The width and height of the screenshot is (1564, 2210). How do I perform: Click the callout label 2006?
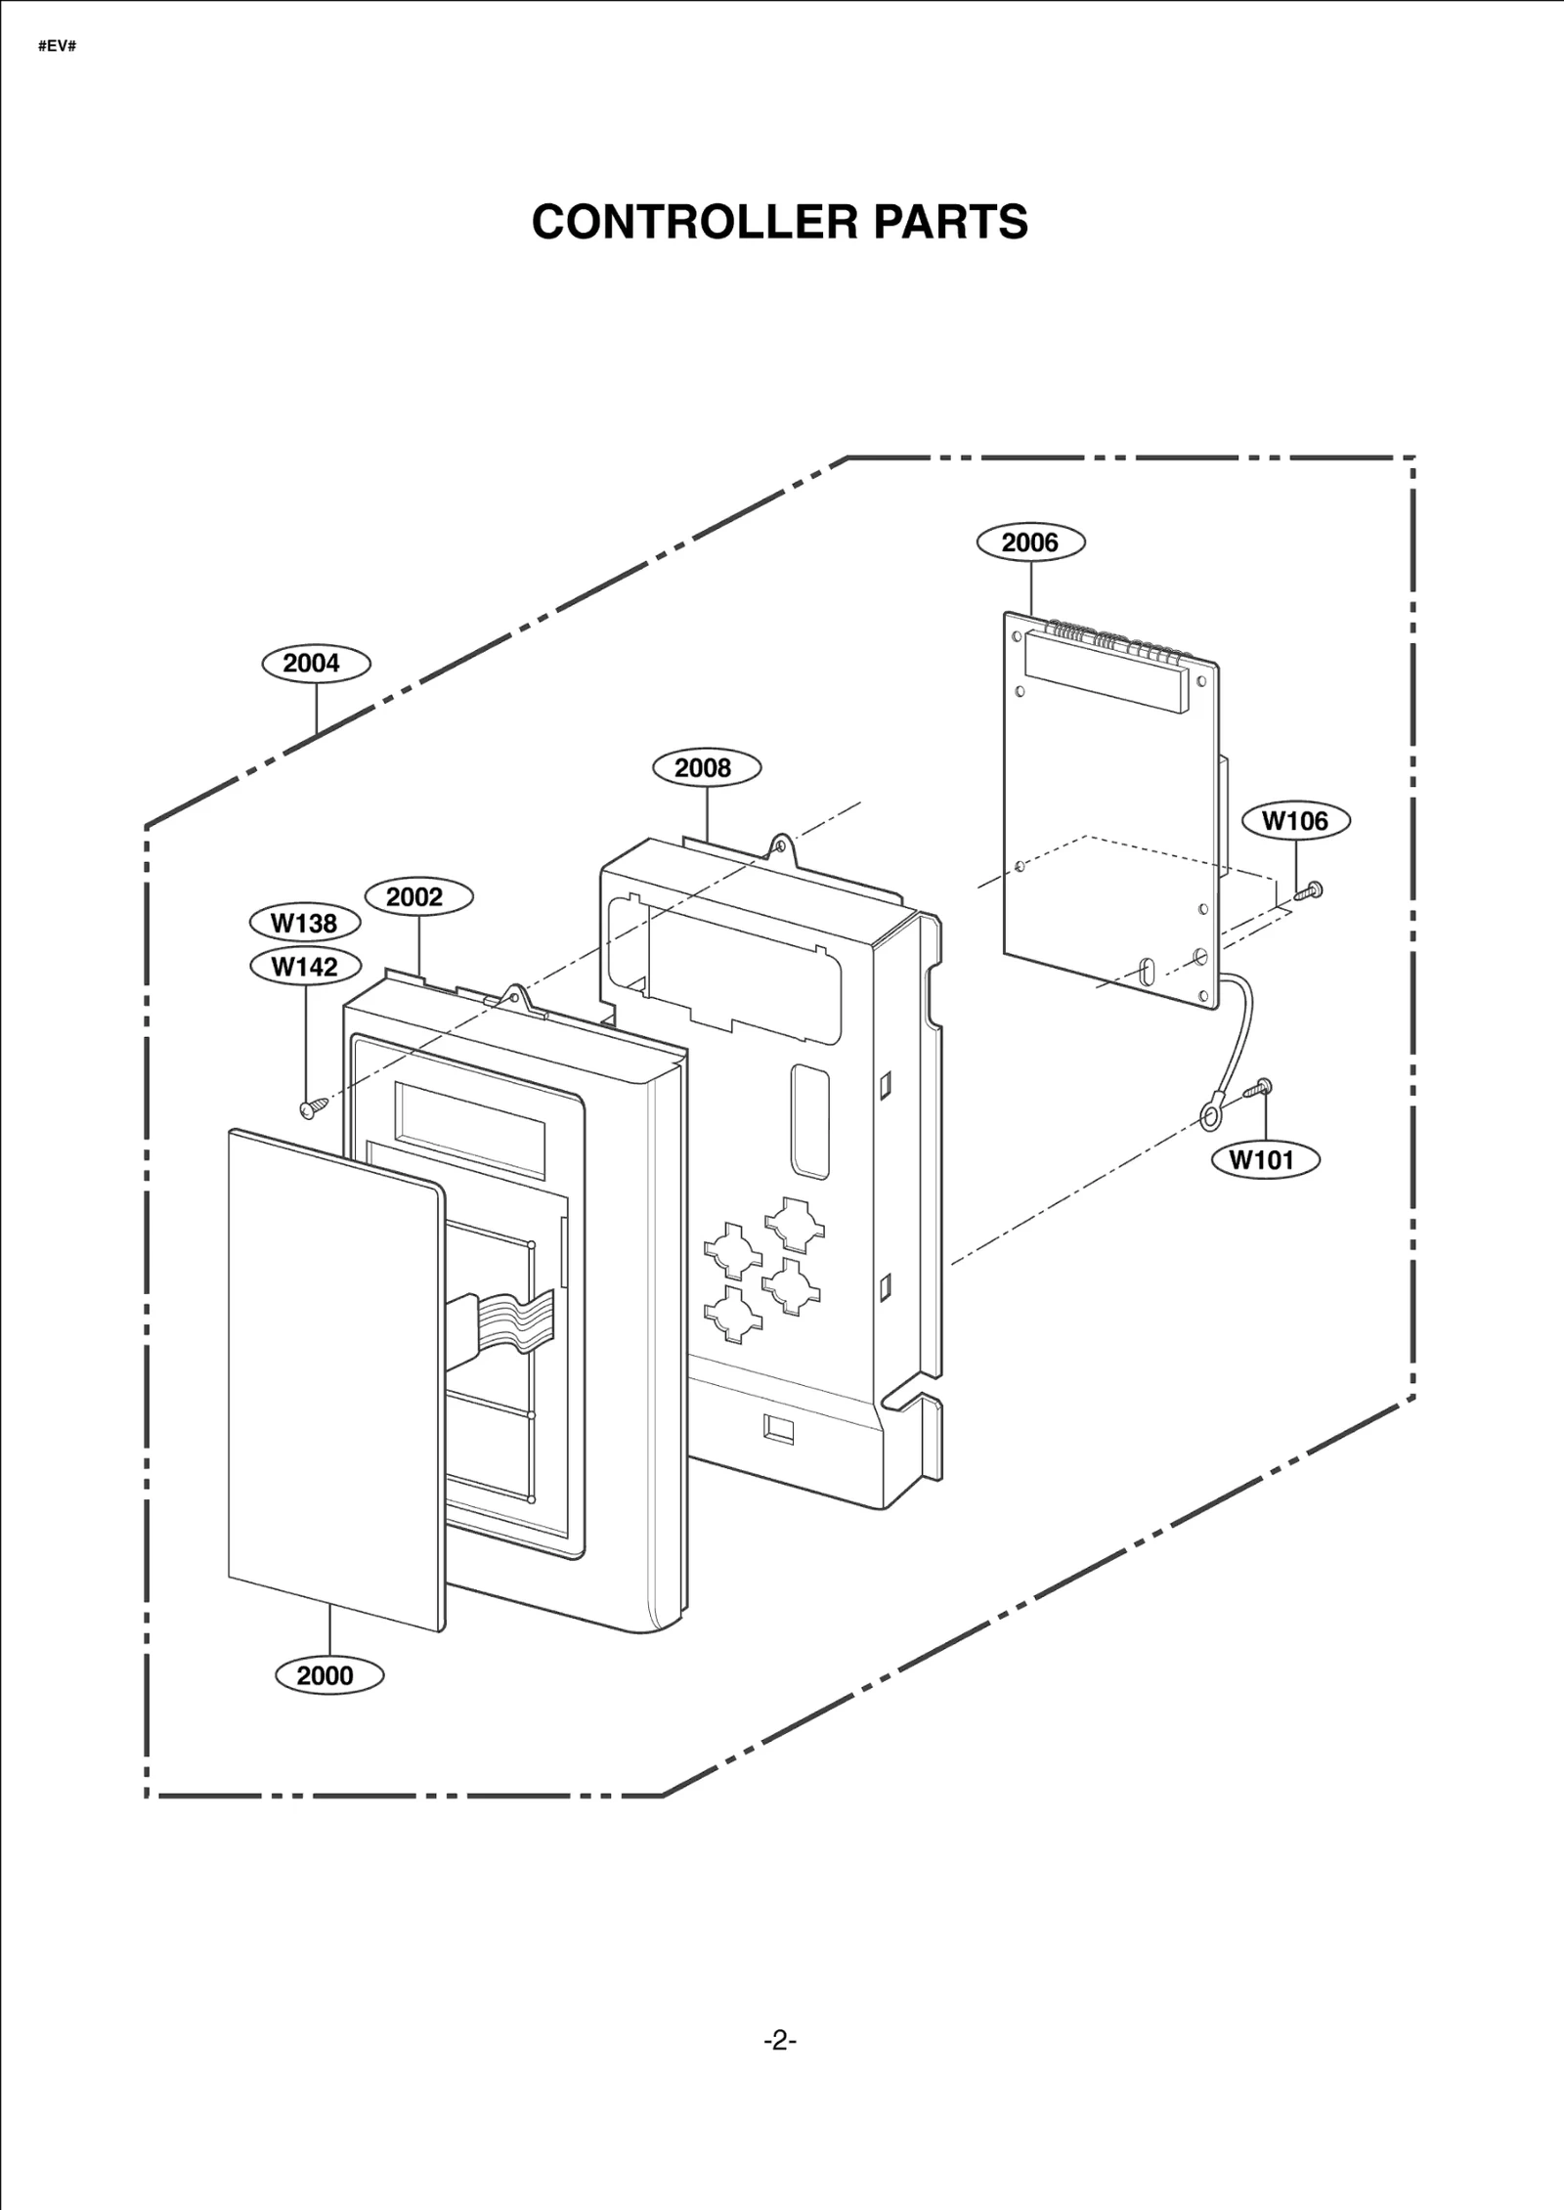point(1030,542)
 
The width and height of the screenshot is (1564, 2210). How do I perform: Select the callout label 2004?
point(316,664)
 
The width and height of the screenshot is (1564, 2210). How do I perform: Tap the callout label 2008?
point(706,767)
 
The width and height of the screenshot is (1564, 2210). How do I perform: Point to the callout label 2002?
point(418,896)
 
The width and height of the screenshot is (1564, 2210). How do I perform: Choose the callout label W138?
point(304,923)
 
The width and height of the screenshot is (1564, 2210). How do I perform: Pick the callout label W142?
point(304,967)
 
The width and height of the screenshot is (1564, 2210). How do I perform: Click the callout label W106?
point(1295,821)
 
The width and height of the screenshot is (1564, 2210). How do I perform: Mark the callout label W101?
point(1265,1160)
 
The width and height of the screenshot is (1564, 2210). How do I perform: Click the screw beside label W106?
point(1308,890)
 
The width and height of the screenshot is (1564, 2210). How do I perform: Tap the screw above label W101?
point(1257,1088)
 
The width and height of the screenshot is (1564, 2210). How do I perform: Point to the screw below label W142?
point(310,1107)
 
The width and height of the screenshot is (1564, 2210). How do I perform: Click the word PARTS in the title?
point(950,222)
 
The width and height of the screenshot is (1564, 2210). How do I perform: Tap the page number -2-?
point(780,2040)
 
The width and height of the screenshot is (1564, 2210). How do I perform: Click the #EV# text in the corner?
point(57,46)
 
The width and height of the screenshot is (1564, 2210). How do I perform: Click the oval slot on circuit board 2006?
point(1146,973)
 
